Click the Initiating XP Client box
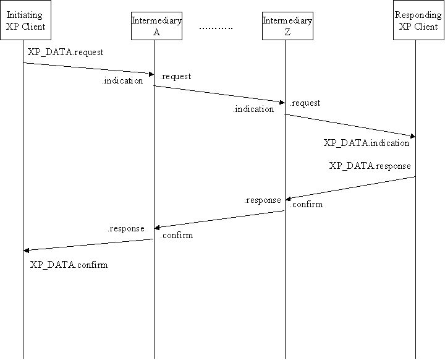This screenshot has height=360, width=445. (x=23, y=21)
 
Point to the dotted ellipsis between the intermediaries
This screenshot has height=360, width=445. (x=216, y=28)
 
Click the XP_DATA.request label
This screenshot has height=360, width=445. (x=66, y=53)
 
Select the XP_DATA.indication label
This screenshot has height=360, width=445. (x=367, y=143)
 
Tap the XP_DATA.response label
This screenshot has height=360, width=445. (x=370, y=166)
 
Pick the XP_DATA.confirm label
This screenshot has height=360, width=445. (x=69, y=265)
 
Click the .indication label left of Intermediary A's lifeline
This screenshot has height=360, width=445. (x=122, y=80)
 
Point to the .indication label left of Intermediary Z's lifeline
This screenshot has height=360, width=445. (x=253, y=109)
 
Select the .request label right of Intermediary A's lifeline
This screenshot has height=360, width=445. (x=176, y=77)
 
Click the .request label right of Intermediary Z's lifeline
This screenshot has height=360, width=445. (x=305, y=103)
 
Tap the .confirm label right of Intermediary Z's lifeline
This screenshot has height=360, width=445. (x=306, y=205)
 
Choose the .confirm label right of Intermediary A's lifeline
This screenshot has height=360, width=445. (x=176, y=236)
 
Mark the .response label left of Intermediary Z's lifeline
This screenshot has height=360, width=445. (x=262, y=200)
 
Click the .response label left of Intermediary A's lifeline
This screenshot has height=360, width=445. (x=126, y=228)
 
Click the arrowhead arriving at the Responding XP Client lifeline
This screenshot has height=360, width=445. (x=412, y=135)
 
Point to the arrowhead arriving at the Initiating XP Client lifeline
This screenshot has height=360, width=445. (x=27, y=251)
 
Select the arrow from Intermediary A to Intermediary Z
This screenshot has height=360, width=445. (x=219, y=94)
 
